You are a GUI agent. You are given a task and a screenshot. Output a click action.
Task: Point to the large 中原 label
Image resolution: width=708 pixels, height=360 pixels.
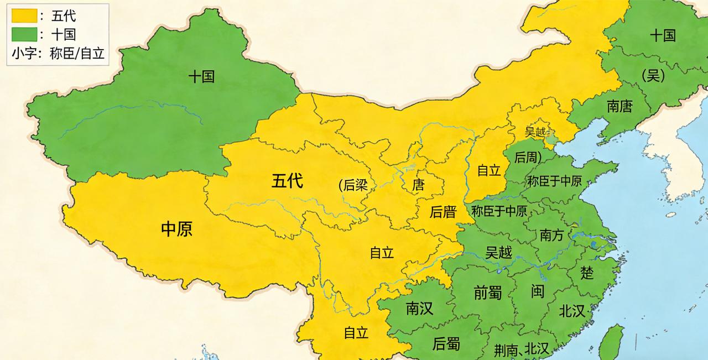tap(176, 229)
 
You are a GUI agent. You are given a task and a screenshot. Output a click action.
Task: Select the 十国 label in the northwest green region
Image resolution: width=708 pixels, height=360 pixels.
tap(201, 76)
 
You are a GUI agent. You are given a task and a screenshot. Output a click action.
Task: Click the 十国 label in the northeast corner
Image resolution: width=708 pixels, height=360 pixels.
tap(663, 35)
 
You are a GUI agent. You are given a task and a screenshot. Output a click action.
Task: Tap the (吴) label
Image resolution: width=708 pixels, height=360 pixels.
tap(653, 76)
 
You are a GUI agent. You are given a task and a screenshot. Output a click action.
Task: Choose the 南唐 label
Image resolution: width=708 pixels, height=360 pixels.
tap(619, 106)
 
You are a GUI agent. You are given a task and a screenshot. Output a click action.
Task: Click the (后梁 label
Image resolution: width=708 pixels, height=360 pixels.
tap(353, 185)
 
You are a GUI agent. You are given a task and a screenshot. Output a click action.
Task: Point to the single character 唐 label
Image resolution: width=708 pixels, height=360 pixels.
tap(418, 185)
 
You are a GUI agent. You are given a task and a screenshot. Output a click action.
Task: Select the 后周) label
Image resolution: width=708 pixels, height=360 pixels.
tap(528, 157)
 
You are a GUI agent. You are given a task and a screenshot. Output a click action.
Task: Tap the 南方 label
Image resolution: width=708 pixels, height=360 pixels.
tap(551, 235)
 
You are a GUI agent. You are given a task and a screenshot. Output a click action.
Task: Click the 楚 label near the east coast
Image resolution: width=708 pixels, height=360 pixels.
tap(587, 272)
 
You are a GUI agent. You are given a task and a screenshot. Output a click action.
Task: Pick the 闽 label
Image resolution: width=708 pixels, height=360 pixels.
tap(538, 291)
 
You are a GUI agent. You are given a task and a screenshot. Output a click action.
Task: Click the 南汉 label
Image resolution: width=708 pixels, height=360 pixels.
tap(419, 309)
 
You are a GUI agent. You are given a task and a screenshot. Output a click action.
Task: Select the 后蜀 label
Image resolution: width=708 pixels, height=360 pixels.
tap(446, 343)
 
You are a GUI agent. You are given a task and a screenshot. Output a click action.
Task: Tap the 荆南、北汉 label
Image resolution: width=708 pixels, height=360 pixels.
tap(522, 348)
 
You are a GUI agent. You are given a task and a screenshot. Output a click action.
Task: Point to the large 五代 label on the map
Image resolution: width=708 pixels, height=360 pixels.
tap(287, 180)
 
